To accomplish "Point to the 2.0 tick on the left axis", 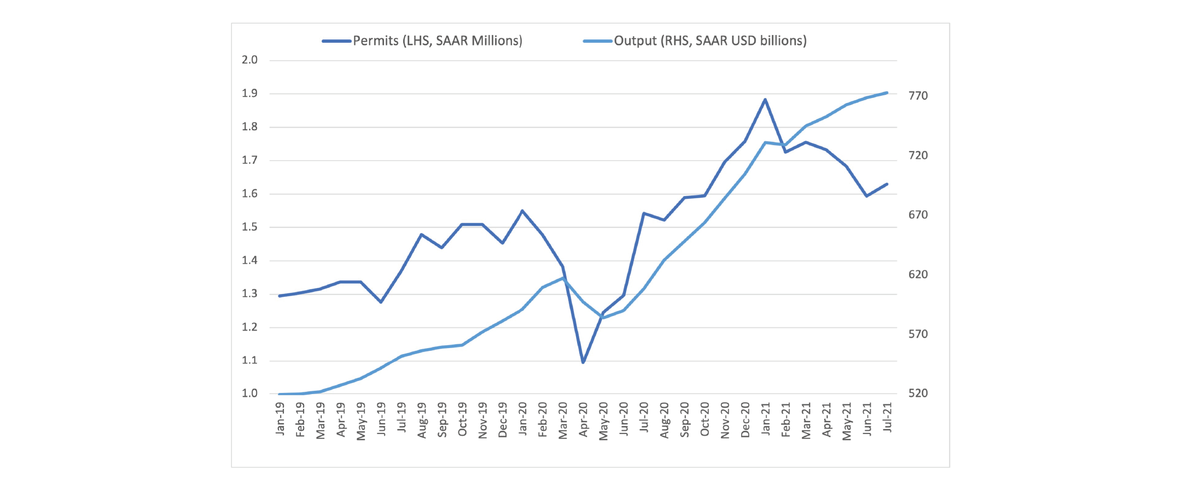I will pos(250,60).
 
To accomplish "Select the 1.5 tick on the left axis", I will pos(250,227).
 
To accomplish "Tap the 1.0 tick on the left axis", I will pos(250,394).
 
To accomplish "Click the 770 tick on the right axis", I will pos(918,96).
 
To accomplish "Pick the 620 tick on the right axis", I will pos(918,275).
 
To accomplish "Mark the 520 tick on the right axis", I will pos(918,394).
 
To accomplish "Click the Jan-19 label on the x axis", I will pos(281,419).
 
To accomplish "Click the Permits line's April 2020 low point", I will pos(583,362).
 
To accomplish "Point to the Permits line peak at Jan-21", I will pos(765,100).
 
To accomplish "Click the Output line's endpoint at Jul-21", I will pos(887,93).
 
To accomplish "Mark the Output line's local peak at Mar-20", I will pos(563,278).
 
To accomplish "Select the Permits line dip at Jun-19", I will pos(381,302).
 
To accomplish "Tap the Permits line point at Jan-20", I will pos(522,211).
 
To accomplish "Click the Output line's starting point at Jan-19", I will pos(280,394).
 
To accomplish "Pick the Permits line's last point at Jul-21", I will pos(887,184).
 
